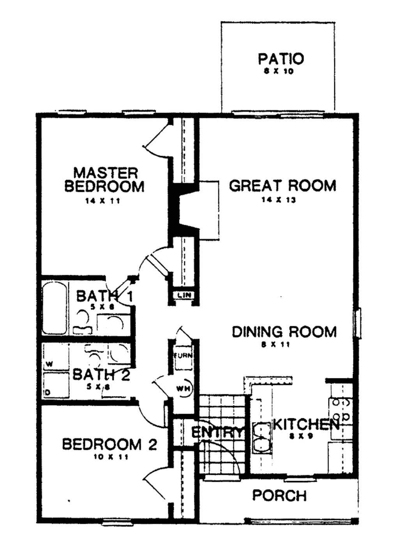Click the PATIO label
281,59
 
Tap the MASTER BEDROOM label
104,180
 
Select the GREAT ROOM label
282,186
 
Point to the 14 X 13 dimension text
279,200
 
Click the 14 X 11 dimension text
102,201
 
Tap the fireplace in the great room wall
189,210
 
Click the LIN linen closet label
184,295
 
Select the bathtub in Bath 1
54,308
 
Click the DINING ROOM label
284,332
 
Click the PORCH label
279,495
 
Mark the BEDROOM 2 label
109,444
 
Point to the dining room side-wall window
358,323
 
